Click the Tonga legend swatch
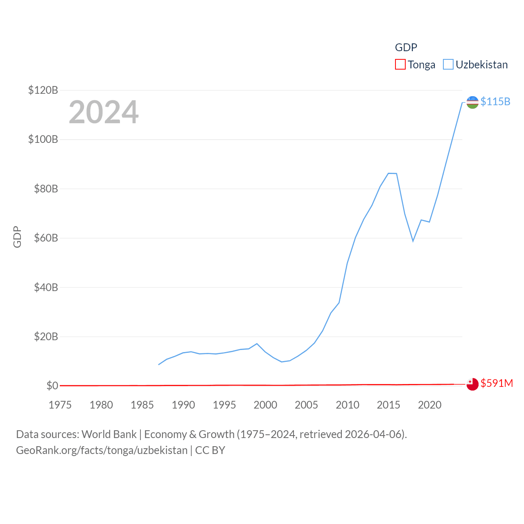pos(400,65)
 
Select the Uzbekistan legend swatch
pos(448,65)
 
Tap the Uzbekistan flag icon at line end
pos(472,102)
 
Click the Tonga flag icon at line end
pos(472,384)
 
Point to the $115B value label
pos(495,102)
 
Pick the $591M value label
pos(497,383)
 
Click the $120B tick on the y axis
pos(43,90)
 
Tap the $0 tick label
pos(52,386)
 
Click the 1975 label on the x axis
pos(60,405)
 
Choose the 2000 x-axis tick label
pos(265,405)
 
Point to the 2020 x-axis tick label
pos(429,405)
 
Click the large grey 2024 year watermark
pos(104,112)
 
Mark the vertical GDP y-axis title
pos(17,237)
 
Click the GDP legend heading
pos(406,47)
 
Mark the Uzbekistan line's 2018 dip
pos(413,241)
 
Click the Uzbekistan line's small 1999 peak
pos(257,343)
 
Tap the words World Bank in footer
pos(109,434)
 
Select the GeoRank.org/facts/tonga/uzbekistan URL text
pos(102,450)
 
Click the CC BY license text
pos(210,450)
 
